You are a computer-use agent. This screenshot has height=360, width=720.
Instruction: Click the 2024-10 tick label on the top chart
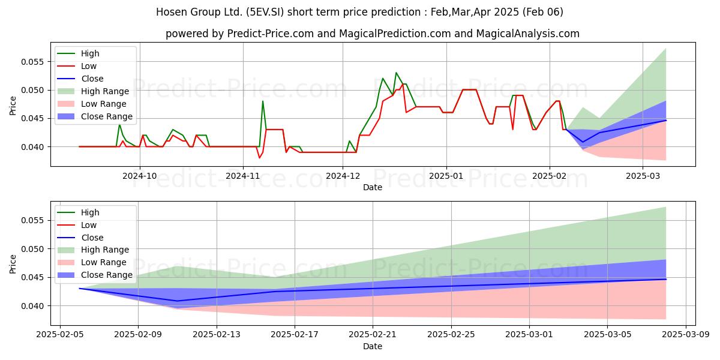coord(139,176)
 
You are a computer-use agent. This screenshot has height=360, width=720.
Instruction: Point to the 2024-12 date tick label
coord(343,176)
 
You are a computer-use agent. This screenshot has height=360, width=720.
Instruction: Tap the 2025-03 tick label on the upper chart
coord(643,176)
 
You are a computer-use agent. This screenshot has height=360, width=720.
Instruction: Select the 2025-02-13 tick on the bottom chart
coord(217,335)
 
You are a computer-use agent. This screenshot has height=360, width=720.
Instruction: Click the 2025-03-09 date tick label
coord(686,335)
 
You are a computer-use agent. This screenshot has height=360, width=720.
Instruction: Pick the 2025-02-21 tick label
coord(373,335)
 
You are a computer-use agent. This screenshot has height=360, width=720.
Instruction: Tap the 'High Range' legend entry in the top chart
coord(93,91)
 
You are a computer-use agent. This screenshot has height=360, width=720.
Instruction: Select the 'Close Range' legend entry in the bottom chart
coord(95,275)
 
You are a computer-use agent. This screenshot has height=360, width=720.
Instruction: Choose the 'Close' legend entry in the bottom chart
coord(80,238)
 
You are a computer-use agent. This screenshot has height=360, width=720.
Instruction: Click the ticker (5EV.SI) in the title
coord(265,12)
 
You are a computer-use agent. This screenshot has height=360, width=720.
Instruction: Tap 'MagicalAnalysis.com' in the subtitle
coord(527,34)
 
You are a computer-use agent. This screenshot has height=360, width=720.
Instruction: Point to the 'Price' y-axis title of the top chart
coord(13,106)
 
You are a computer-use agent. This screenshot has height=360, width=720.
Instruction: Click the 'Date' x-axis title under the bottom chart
coord(373,346)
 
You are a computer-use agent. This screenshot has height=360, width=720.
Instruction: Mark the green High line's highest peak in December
coord(396,73)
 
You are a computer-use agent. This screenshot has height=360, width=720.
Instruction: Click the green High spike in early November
coord(263,101)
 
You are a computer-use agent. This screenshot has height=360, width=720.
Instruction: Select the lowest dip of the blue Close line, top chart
coord(583,142)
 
